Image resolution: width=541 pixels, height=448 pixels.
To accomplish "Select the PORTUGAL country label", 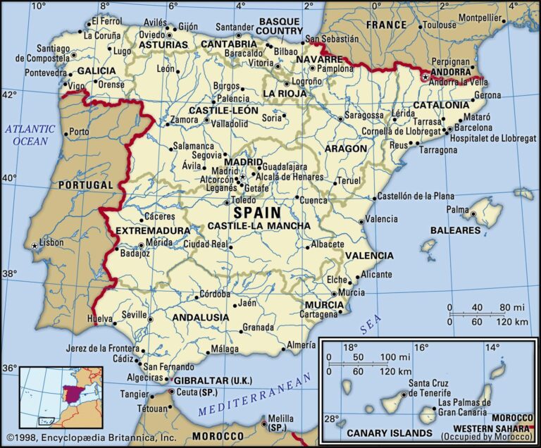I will (85, 185).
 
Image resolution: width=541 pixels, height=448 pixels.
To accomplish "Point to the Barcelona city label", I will (473, 127).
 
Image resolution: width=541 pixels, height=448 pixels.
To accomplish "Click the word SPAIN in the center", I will (256, 212).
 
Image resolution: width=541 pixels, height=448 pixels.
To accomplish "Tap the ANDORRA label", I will (450, 72).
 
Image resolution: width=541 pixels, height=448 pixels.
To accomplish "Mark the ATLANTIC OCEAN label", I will (30, 135).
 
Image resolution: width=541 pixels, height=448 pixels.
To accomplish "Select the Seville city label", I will (134, 315).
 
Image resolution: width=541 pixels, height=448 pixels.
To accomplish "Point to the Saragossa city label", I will (364, 115).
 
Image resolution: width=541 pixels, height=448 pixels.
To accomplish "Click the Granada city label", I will (258, 328).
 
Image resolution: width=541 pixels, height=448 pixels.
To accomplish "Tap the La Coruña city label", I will (102, 35).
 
